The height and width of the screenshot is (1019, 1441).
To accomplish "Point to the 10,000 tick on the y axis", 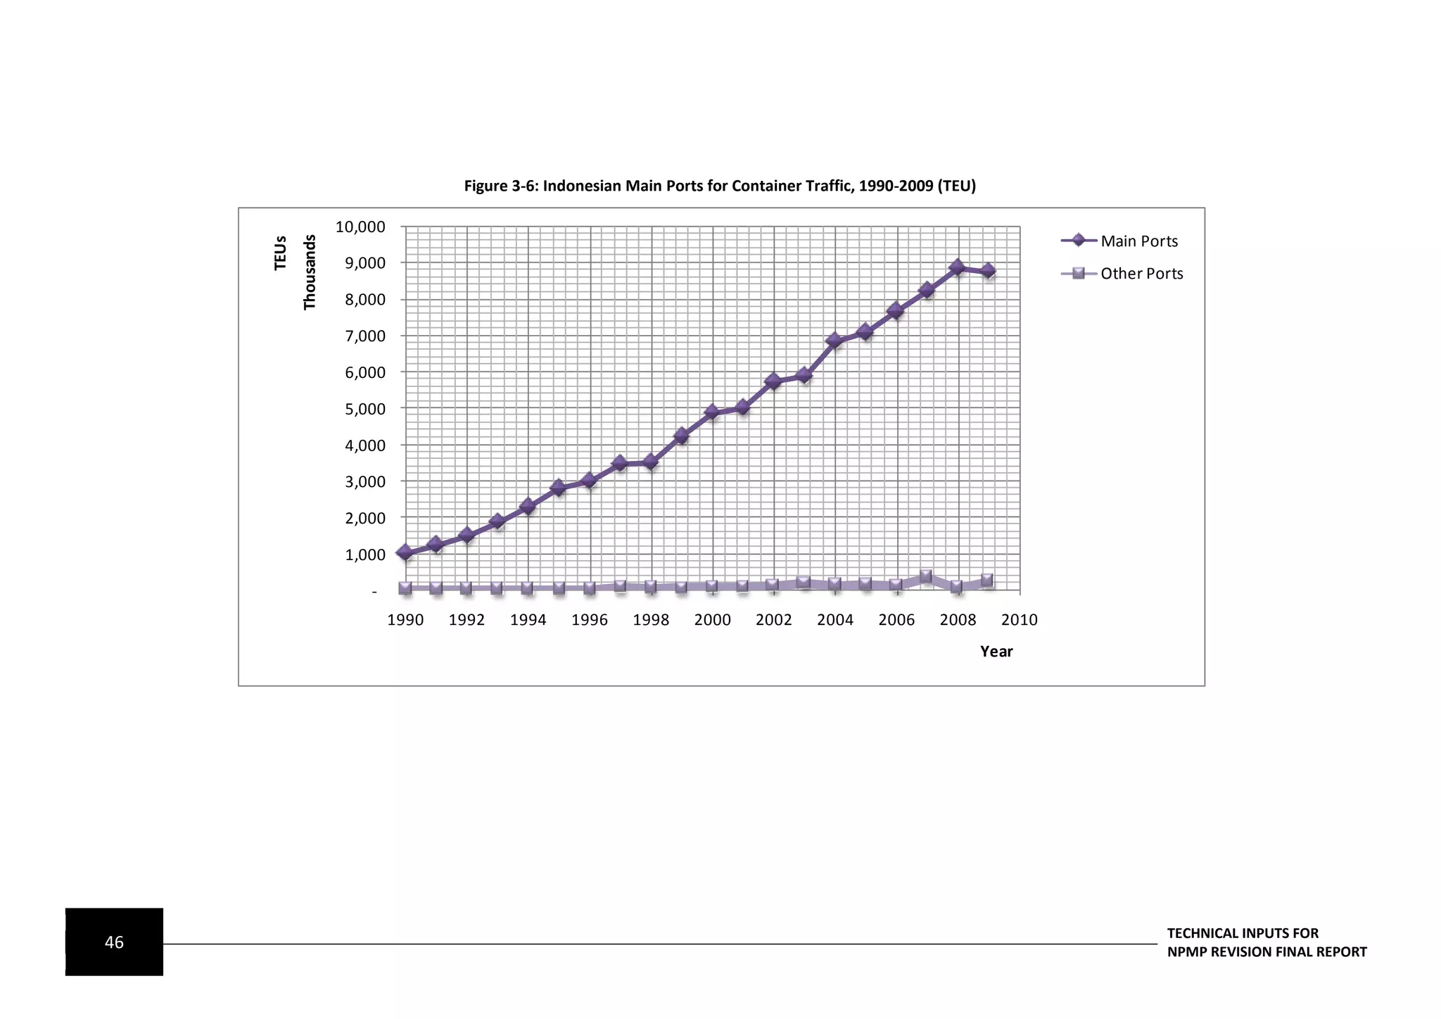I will tap(360, 227).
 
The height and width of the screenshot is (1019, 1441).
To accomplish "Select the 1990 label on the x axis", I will tap(405, 620).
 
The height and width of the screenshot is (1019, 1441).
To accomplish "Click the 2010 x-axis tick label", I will tap(1019, 620).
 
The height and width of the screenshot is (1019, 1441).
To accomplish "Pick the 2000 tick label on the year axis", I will tap(712, 620).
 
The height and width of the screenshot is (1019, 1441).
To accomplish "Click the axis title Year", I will tap(996, 652).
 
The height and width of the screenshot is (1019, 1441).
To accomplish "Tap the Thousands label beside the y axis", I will tap(310, 272).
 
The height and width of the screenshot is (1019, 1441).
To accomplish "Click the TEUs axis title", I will tap(281, 253).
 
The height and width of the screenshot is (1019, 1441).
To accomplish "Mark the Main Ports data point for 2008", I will tap(957, 267).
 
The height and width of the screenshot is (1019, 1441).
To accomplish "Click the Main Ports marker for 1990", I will tap(405, 552).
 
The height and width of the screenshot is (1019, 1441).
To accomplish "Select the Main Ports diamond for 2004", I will tap(834, 341).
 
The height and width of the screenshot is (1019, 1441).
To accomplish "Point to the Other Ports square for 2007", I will tap(926, 577).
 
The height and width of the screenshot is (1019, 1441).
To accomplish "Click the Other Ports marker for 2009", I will tap(987, 581).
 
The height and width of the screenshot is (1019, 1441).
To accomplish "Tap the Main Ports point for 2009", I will tap(988, 271).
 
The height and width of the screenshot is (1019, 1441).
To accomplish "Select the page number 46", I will tap(114, 942).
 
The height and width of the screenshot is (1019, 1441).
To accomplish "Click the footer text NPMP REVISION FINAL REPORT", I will tap(1267, 952).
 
